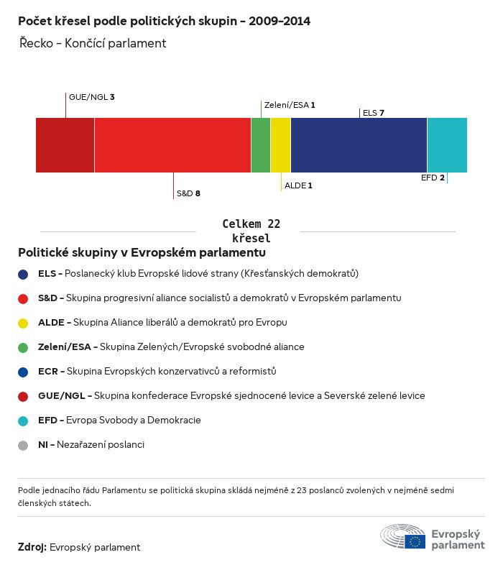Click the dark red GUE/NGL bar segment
click(x=65, y=145)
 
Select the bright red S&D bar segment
click(x=172, y=145)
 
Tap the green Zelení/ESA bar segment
click(x=261, y=145)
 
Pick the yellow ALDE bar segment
click(x=280, y=145)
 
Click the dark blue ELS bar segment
click(x=359, y=145)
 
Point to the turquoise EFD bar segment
click(x=447, y=145)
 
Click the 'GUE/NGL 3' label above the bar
click(x=92, y=96)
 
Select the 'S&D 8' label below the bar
click(x=188, y=193)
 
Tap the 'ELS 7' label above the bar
click(x=374, y=113)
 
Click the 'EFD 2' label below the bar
click(x=433, y=178)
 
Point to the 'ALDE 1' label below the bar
click(x=298, y=185)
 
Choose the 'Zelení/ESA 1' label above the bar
click(x=290, y=105)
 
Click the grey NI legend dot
click(x=23, y=445)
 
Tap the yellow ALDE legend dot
click(x=23, y=323)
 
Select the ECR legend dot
click(x=23, y=372)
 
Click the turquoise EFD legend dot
click(x=23, y=421)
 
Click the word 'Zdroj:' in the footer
click(x=32, y=548)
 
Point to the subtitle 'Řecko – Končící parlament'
click(x=93, y=43)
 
